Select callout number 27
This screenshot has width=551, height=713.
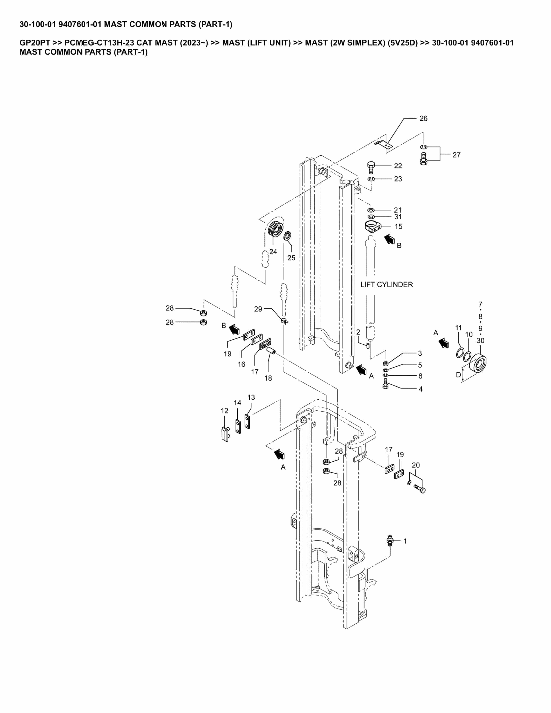pyautogui.click(x=456, y=155)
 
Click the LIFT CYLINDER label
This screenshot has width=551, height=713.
pyautogui.click(x=386, y=285)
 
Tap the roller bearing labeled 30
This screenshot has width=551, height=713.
pyautogui.click(x=478, y=363)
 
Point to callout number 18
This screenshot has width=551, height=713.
pyautogui.click(x=268, y=378)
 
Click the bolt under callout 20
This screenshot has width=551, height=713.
pyautogui.click(x=420, y=489)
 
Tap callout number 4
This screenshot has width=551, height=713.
pyautogui.click(x=421, y=389)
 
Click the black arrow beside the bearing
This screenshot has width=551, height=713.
pyautogui.click(x=444, y=343)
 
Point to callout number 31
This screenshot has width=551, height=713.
pyautogui.click(x=398, y=217)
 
